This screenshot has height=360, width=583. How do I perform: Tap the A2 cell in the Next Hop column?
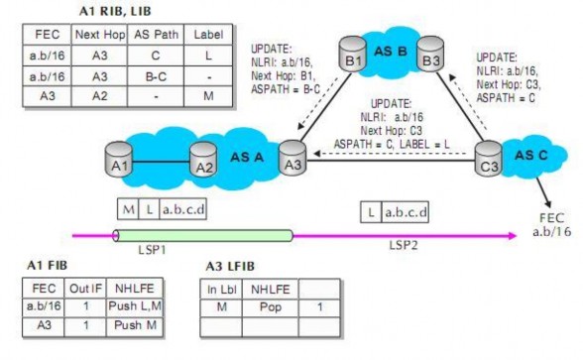pyautogui.click(x=99, y=98)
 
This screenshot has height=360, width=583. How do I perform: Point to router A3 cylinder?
pyautogui.click(x=290, y=156)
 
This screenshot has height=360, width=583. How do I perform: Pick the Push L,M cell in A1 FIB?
pyautogui.click(x=134, y=311)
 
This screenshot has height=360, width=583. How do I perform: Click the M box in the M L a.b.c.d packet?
pyautogui.click(x=128, y=209)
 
